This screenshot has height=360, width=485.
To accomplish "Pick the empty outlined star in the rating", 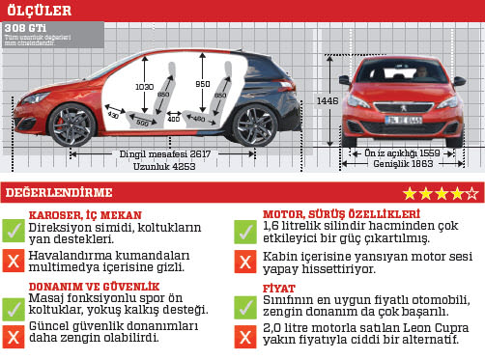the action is tap(471, 193).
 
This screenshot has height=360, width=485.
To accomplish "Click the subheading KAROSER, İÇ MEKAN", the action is tap(85, 214).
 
